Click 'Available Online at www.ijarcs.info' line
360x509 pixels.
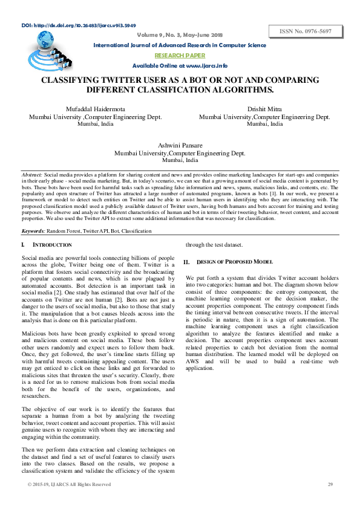pos(180,65)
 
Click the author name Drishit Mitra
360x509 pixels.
pos(264,109)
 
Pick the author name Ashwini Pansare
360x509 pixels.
pos(180,146)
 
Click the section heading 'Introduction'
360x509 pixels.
pos(52,245)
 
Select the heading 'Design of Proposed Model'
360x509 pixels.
pos(235,262)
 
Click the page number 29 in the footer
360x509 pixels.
pos(330,484)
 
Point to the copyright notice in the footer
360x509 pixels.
pos(69,484)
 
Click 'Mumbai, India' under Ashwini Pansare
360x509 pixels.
pos(180,161)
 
